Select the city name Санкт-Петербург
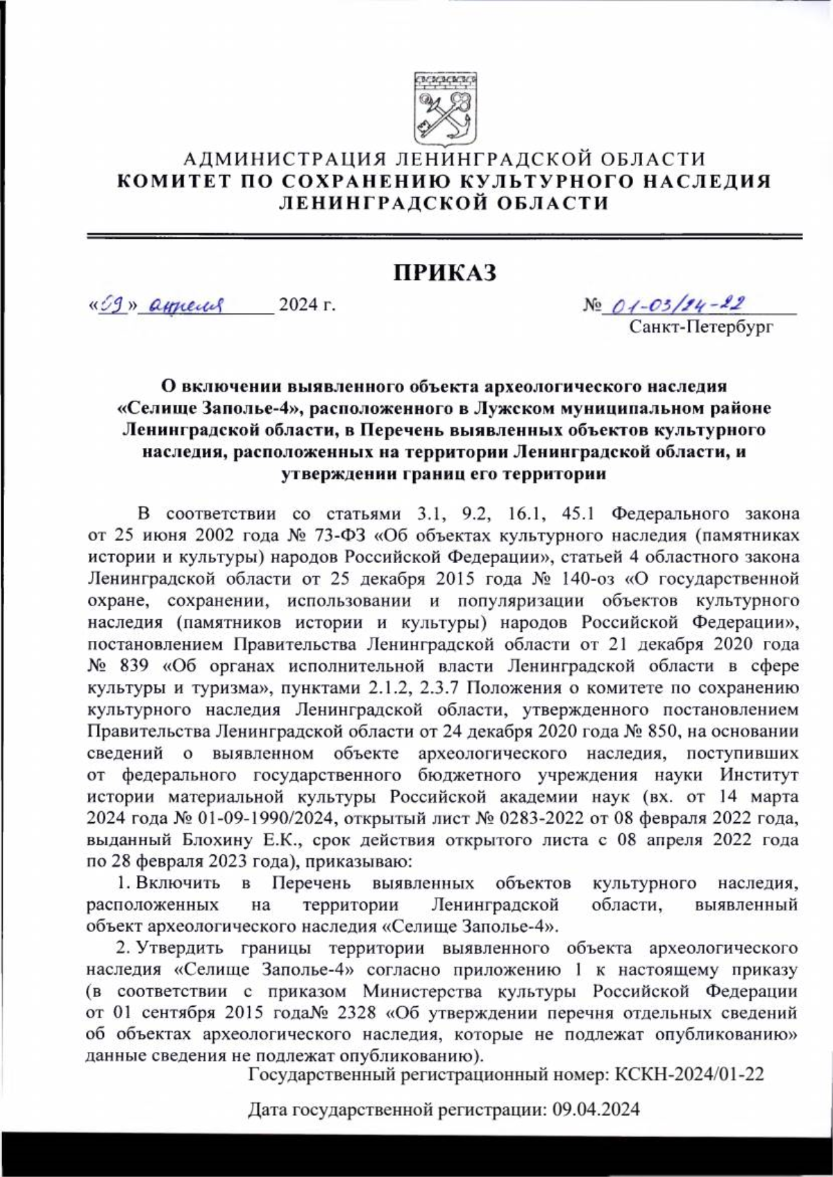(700, 326)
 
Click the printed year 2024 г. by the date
(306, 304)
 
